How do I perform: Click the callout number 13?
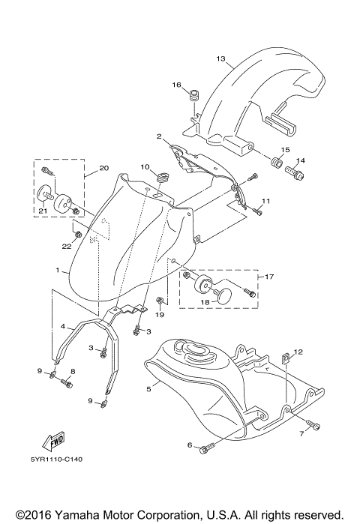[x=220, y=58]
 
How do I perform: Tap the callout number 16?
[x=178, y=85]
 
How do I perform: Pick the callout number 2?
[x=159, y=137]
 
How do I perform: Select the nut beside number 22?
[x=79, y=229]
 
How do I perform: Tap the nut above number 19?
[x=160, y=301]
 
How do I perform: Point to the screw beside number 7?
[x=314, y=427]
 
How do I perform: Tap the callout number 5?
[x=149, y=389]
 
